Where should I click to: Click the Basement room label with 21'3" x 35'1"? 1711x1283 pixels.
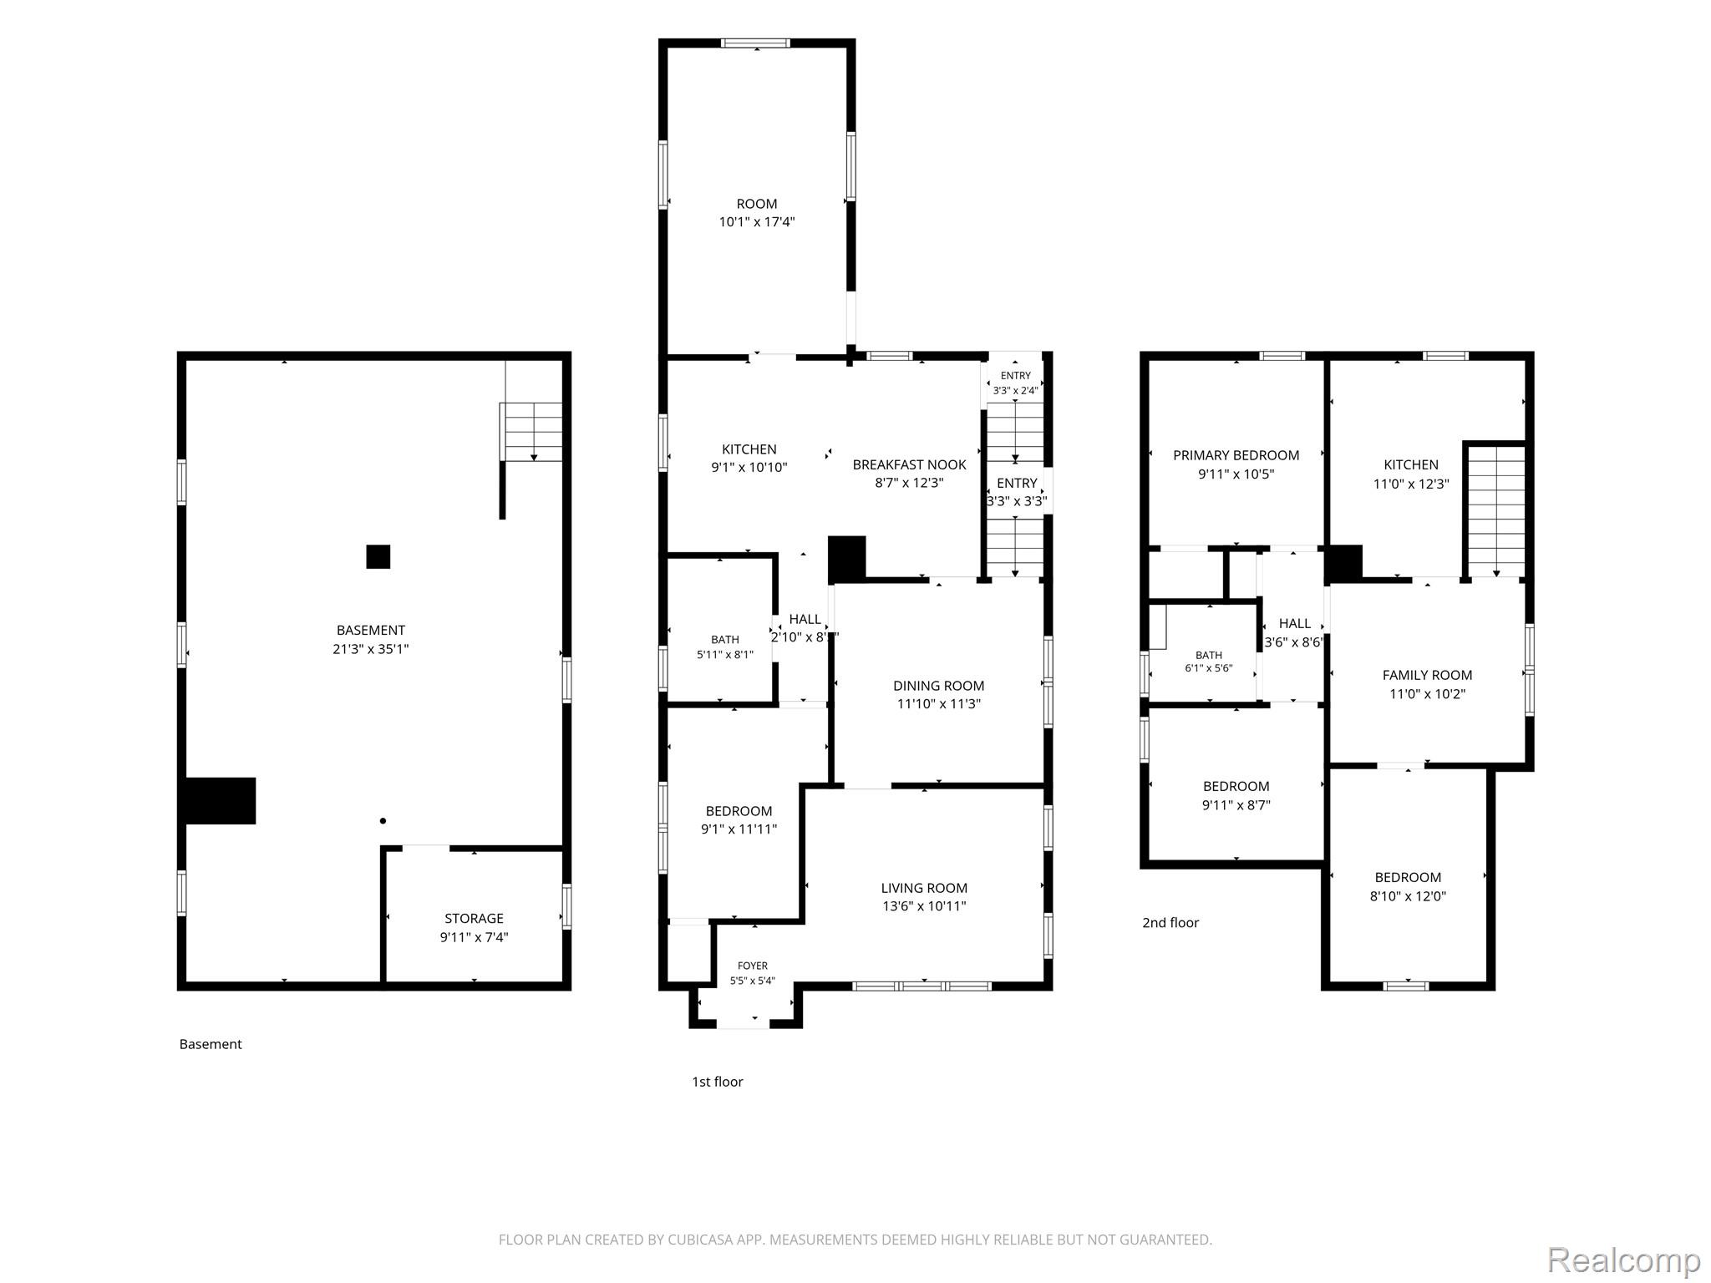pos(371,639)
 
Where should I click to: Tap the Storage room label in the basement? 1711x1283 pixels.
pos(474,927)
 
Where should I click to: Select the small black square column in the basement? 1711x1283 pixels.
pos(378,556)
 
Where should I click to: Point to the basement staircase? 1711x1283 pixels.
pos(531,432)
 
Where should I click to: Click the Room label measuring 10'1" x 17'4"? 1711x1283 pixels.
pos(757,212)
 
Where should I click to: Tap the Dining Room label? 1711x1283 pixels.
pos(939,694)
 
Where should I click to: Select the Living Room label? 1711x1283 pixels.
pos(924,896)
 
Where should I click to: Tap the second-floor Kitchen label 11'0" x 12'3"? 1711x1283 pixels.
pos(1411,474)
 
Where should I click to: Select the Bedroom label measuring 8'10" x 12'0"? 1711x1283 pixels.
pos(1408,886)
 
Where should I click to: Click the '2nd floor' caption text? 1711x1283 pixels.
pos(1170,922)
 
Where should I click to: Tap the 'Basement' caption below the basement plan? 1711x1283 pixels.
pos(211,1044)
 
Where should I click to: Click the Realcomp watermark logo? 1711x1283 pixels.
pos(1623,1260)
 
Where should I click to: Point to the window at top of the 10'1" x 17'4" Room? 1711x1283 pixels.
pos(755,43)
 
